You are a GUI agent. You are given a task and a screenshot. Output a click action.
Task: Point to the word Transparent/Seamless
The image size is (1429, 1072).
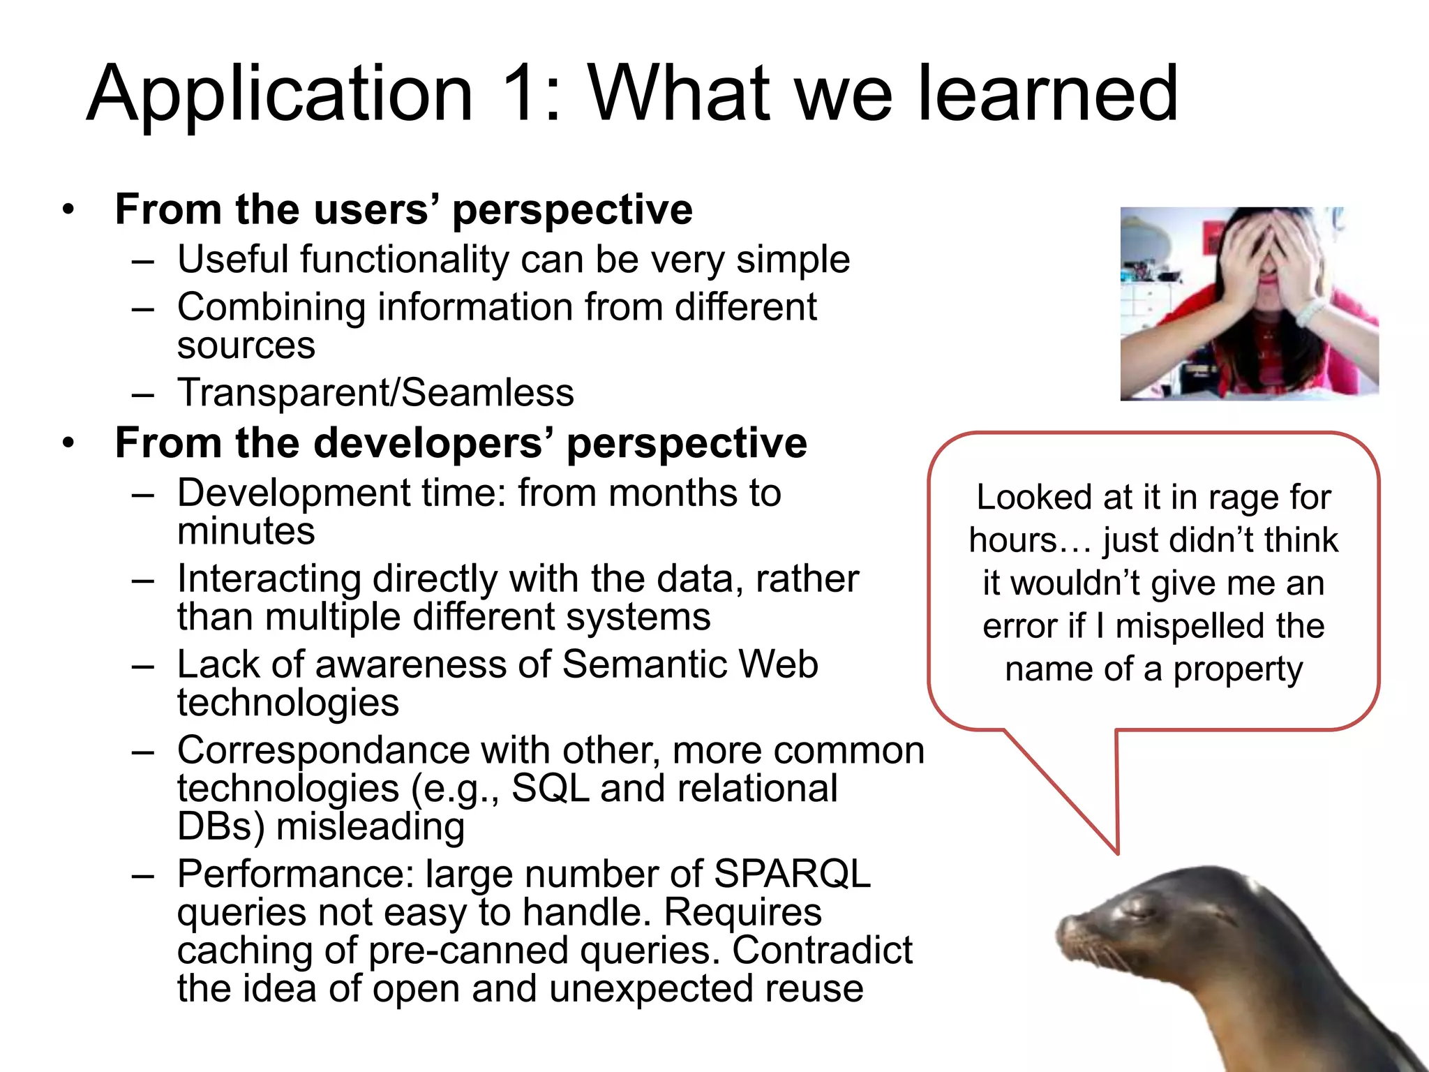375,392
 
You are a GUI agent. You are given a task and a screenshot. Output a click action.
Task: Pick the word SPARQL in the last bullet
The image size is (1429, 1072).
793,874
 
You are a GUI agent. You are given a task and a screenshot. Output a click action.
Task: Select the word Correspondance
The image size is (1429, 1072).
324,751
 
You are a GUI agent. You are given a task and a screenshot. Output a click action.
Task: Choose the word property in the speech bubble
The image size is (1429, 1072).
1238,669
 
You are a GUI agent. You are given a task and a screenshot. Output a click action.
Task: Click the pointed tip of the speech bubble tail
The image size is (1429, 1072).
1117,853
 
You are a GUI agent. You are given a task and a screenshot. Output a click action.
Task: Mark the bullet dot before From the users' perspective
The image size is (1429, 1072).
68,209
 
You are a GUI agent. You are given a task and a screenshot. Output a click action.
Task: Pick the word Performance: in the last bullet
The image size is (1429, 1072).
296,874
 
